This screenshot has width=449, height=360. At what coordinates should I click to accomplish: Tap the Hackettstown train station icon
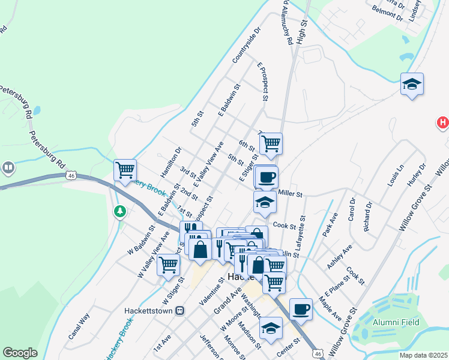tap(178, 311)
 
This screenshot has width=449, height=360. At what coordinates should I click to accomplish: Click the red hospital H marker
tap(442, 123)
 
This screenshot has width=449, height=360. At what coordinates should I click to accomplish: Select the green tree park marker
tap(120, 211)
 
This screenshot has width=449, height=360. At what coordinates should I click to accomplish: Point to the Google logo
tap(20, 353)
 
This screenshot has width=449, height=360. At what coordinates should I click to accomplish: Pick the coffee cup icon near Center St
tap(301, 309)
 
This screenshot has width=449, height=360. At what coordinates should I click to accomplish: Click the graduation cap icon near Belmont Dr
tap(412, 84)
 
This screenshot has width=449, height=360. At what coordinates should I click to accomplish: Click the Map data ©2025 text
tap(423, 355)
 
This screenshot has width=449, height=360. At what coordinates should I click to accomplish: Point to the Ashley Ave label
tap(339, 257)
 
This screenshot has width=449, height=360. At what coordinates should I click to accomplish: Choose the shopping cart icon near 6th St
tap(271, 143)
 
